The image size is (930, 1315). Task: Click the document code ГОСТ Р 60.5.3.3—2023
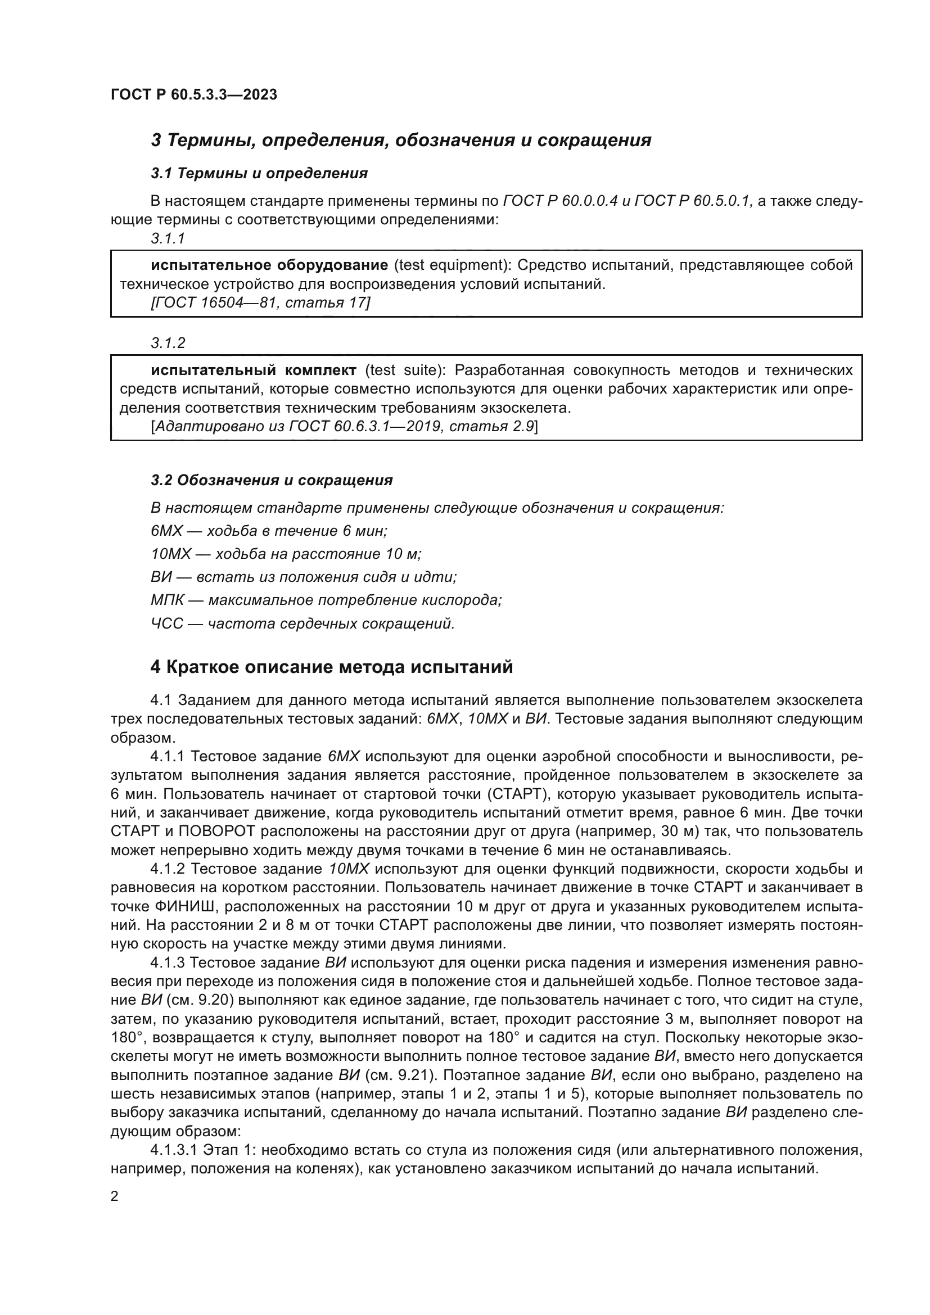point(193,94)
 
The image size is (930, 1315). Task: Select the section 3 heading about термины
point(401,140)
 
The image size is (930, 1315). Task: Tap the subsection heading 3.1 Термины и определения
point(259,173)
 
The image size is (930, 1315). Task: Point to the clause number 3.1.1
point(168,239)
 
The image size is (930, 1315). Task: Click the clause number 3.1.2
point(168,343)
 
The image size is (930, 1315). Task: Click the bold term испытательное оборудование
point(269,265)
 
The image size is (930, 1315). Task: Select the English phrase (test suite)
point(405,370)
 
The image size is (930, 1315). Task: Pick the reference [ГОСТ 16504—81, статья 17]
point(260,302)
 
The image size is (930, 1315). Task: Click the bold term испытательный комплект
point(254,370)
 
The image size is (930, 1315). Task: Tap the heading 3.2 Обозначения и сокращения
point(272,480)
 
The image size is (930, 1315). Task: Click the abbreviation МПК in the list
point(167,600)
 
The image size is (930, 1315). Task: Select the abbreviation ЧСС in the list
point(166,623)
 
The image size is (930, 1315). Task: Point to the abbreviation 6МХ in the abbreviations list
point(166,531)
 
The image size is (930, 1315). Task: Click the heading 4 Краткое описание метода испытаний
point(332,667)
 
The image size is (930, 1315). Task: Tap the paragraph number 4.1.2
point(167,869)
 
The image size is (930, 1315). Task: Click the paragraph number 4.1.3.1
point(174,1150)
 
